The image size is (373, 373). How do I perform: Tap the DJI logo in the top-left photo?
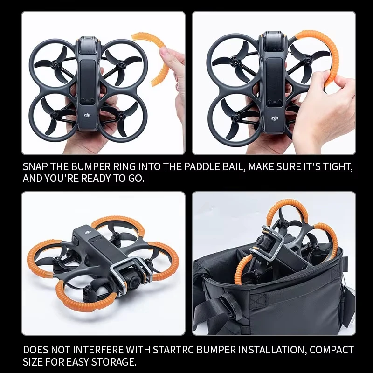[x=87, y=114]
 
